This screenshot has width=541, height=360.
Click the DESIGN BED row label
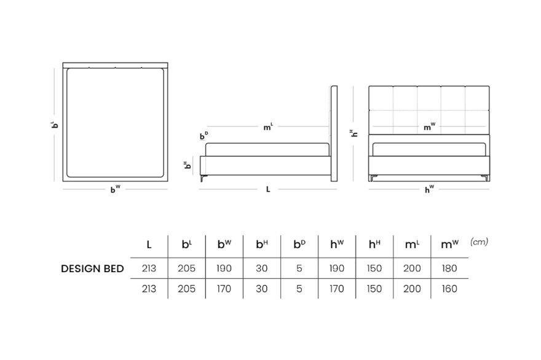tap(92, 268)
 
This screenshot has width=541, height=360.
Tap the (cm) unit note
tap(479, 242)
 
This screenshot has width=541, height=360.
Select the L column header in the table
tap(149, 245)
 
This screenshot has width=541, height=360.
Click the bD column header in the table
tap(299, 244)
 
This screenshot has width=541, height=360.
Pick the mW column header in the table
tap(449, 244)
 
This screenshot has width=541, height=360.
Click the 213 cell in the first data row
tap(149, 268)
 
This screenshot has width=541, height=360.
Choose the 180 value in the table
tap(449, 268)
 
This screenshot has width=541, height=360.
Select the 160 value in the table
tap(449, 289)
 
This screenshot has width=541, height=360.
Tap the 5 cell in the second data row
tap(299, 289)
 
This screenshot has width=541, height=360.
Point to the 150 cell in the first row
tap(374, 268)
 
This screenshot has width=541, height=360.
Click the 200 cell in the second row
tap(412, 289)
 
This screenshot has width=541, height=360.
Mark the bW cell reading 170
tap(224, 289)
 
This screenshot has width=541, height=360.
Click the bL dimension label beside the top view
tap(54, 125)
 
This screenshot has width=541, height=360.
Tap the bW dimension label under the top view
tap(115, 189)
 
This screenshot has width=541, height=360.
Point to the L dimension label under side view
tap(268, 189)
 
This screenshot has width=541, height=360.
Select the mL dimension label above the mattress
tap(268, 127)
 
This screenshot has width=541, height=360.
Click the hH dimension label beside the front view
tap(353, 133)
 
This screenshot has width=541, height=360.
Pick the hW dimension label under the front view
tap(429, 189)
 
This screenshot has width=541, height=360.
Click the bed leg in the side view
tap(203, 178)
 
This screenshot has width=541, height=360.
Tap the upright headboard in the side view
tap(334, 133)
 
